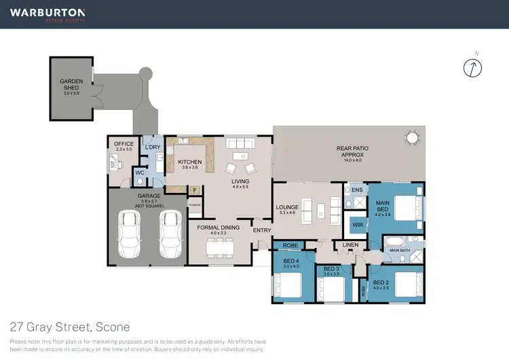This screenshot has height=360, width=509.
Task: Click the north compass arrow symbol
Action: tap(472, 67)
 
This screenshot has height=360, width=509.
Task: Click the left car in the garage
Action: tap(131, 234)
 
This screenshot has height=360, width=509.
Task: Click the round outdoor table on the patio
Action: tap(411, 139)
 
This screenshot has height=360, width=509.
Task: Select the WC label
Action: tap(140, 173)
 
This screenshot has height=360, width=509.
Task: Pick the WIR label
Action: tap(356, 223)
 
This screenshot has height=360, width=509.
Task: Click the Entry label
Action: tap(261, 231)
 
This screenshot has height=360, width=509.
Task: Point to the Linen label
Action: tap(350, 245)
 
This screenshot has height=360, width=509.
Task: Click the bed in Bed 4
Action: tap(288, 284)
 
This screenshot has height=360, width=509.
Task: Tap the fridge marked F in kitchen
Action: tap(195, 190)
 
